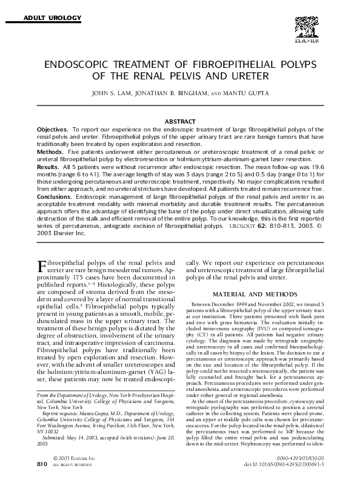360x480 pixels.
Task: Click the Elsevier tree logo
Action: [306, 28]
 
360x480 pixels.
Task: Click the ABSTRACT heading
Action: [180, 122]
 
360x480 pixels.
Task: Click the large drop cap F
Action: [42, 267]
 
